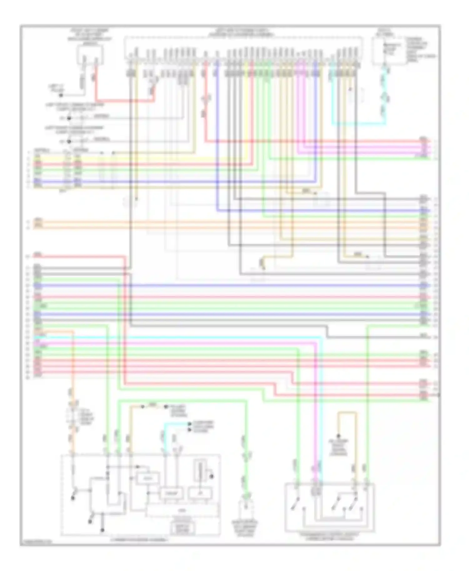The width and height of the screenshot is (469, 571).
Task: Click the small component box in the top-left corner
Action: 90,55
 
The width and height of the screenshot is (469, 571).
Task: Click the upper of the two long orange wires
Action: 219,222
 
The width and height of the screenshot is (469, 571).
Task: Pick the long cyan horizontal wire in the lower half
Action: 188,338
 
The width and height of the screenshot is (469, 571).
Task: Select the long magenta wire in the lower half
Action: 188,343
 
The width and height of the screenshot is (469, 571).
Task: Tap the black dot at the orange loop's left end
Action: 338,436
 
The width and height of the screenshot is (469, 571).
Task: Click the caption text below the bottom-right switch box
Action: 329,536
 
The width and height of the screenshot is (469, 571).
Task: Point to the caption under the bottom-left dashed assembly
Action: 139,540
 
